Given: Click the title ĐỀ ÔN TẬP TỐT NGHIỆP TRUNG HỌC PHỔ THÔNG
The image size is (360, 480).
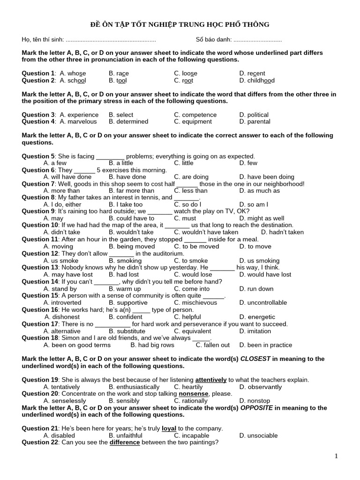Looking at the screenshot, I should [x=180, y=24].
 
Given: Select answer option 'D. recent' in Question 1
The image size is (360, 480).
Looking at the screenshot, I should [x=252, y=74].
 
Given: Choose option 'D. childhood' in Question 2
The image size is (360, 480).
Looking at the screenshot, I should [x=256, y=81].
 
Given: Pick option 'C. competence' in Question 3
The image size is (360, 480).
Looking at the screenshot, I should [x=195, y=115].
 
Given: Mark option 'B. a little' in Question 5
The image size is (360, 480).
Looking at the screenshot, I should [x=120, y=163].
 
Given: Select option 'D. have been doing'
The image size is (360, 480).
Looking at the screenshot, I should [x=266, y=177].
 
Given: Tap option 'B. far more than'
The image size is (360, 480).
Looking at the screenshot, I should [x=131, y=191].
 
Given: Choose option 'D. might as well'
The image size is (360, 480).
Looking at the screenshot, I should [x=261, y=218].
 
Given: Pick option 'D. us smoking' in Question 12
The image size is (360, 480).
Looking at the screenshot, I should [x=259, y=261].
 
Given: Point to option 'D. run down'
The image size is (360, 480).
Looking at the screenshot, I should [x=256, y=289].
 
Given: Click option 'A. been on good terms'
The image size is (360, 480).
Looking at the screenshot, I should [x=77, y=345].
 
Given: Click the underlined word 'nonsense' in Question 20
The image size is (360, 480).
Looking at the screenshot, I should [x=194, y=394].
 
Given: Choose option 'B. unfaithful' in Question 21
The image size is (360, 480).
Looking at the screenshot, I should [x=125, y=435].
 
